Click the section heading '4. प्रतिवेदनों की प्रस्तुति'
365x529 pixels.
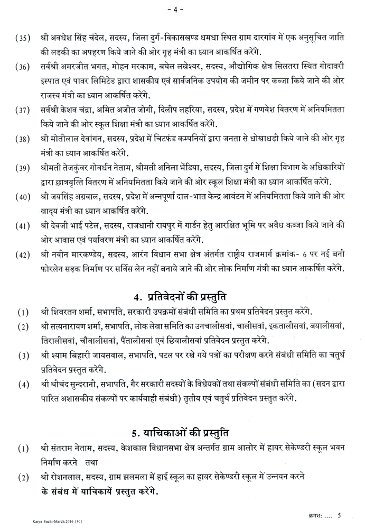point(182,292)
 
